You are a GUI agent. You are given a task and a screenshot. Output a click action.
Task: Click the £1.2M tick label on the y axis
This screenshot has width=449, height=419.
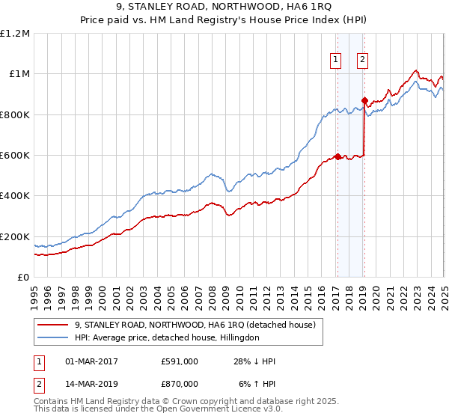pyautogui.click(x=15, y=34)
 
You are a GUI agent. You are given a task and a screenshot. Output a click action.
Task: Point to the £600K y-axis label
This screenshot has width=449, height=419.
pyautogui.click(x=15, y=156)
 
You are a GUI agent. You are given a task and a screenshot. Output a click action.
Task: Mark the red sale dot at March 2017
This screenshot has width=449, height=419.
pyautogui.click(x=337, y=157)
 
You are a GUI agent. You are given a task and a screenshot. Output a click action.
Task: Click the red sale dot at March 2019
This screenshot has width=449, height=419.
pyautogui.click(x=364, y=100)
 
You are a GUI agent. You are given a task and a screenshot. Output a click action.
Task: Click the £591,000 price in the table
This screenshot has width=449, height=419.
pyautogui.click(x=180, y=361)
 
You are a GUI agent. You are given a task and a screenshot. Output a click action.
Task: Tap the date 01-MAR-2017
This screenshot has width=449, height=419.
pyautogui.click(x=91, y=361)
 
